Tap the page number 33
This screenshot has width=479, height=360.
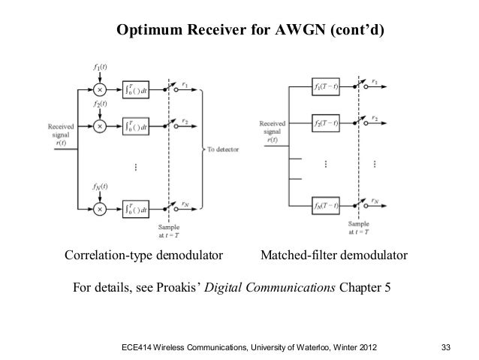pos(447,346)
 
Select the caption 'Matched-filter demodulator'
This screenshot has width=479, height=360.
pos(333,258)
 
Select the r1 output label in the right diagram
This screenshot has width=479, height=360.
pos(375,79)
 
